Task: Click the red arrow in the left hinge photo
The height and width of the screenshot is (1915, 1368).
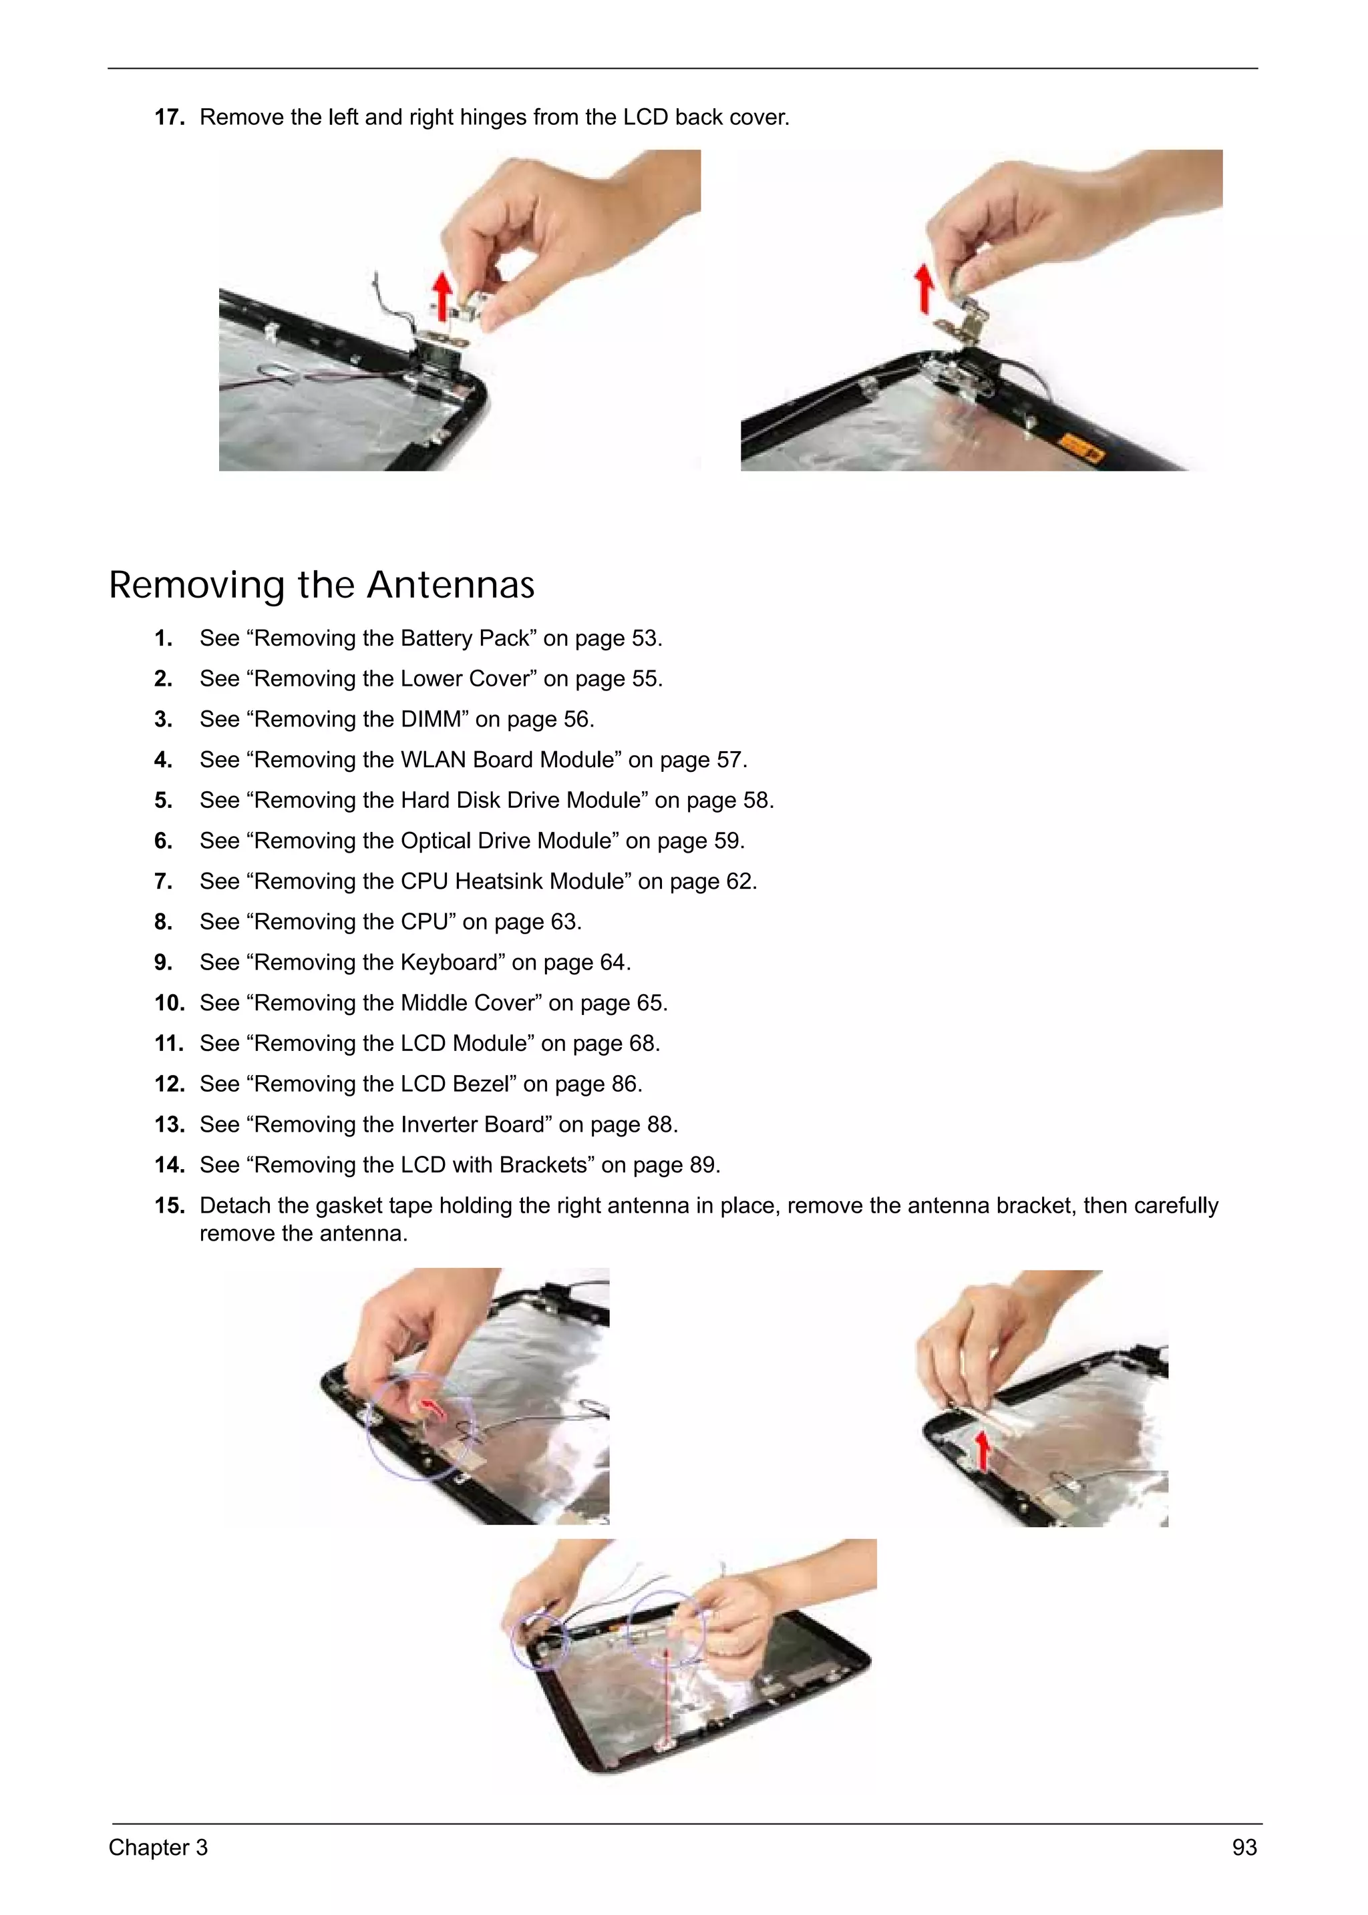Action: [x=442, y=296]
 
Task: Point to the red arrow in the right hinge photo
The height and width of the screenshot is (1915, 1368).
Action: [x=925, y=288]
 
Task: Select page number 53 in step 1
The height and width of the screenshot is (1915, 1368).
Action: [x=645, y=638]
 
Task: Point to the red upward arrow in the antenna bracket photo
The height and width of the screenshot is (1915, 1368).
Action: [x=982, y=1451]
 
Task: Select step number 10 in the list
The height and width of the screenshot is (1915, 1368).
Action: [x=169, y=1003]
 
